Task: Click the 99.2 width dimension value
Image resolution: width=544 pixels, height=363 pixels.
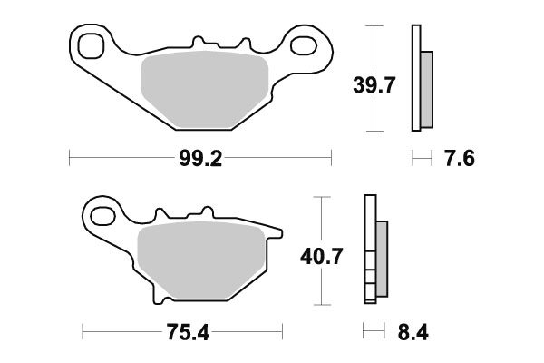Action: pyautogui.click(x=199, y=159)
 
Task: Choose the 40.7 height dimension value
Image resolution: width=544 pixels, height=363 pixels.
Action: pyautogui.click(x=321, y=258)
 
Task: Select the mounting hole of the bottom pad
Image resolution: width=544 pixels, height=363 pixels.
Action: pyautogui.click(x=102, y=216)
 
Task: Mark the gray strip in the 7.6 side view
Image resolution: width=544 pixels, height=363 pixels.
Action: pyautogui.click(x=427, y=90)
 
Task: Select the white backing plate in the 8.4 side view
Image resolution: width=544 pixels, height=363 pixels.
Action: pyautogui.click(x=369, y=254)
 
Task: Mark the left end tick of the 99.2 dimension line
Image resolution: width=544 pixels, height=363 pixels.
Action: pyautogui.click(x=70, y=159)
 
